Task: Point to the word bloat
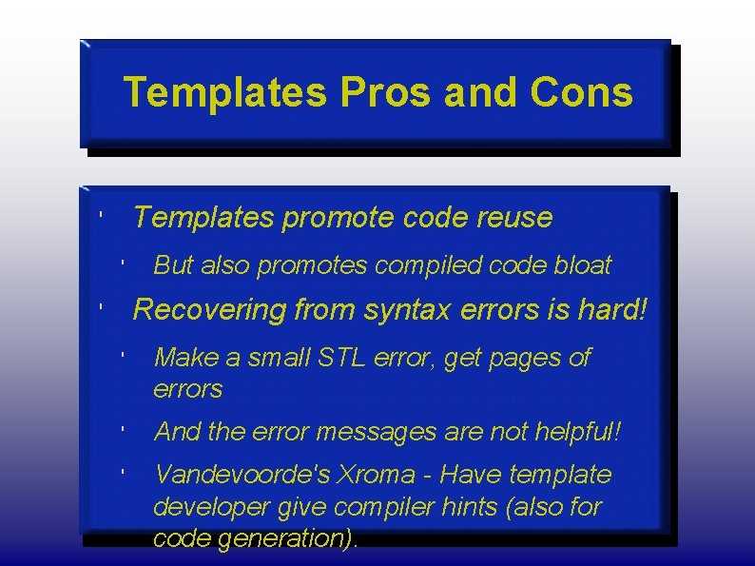[x=582, y=265]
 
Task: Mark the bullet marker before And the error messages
[x=124, y=429]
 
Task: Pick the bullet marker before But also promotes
[x=124, y=262]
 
